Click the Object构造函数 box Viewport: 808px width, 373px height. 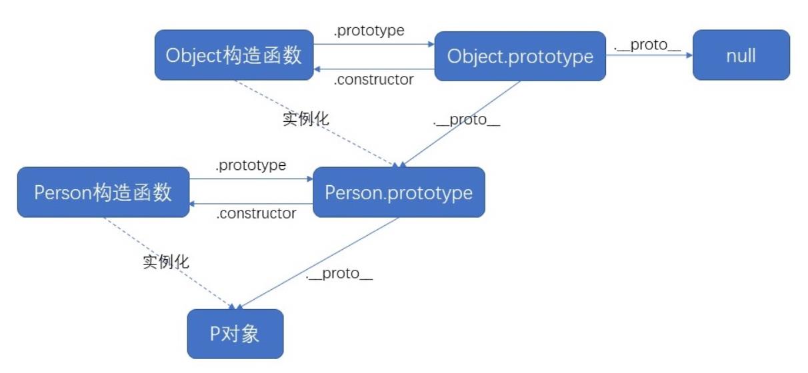click(234, 55)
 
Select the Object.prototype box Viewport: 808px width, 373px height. click(520, 56)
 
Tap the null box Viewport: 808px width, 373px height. click(741, 55)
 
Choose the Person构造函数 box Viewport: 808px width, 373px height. click(103, 192)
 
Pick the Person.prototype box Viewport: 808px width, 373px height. click(399, 192)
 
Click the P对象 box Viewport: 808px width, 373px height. click(235, 333)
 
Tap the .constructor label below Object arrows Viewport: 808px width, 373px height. click(373, 80)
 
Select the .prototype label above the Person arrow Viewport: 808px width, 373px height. click(251, 165)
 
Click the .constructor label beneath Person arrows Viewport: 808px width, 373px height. click(257, 214)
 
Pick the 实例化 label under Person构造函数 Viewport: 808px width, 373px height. click(166, 261)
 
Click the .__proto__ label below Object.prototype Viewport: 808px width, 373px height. click(466, 121)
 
